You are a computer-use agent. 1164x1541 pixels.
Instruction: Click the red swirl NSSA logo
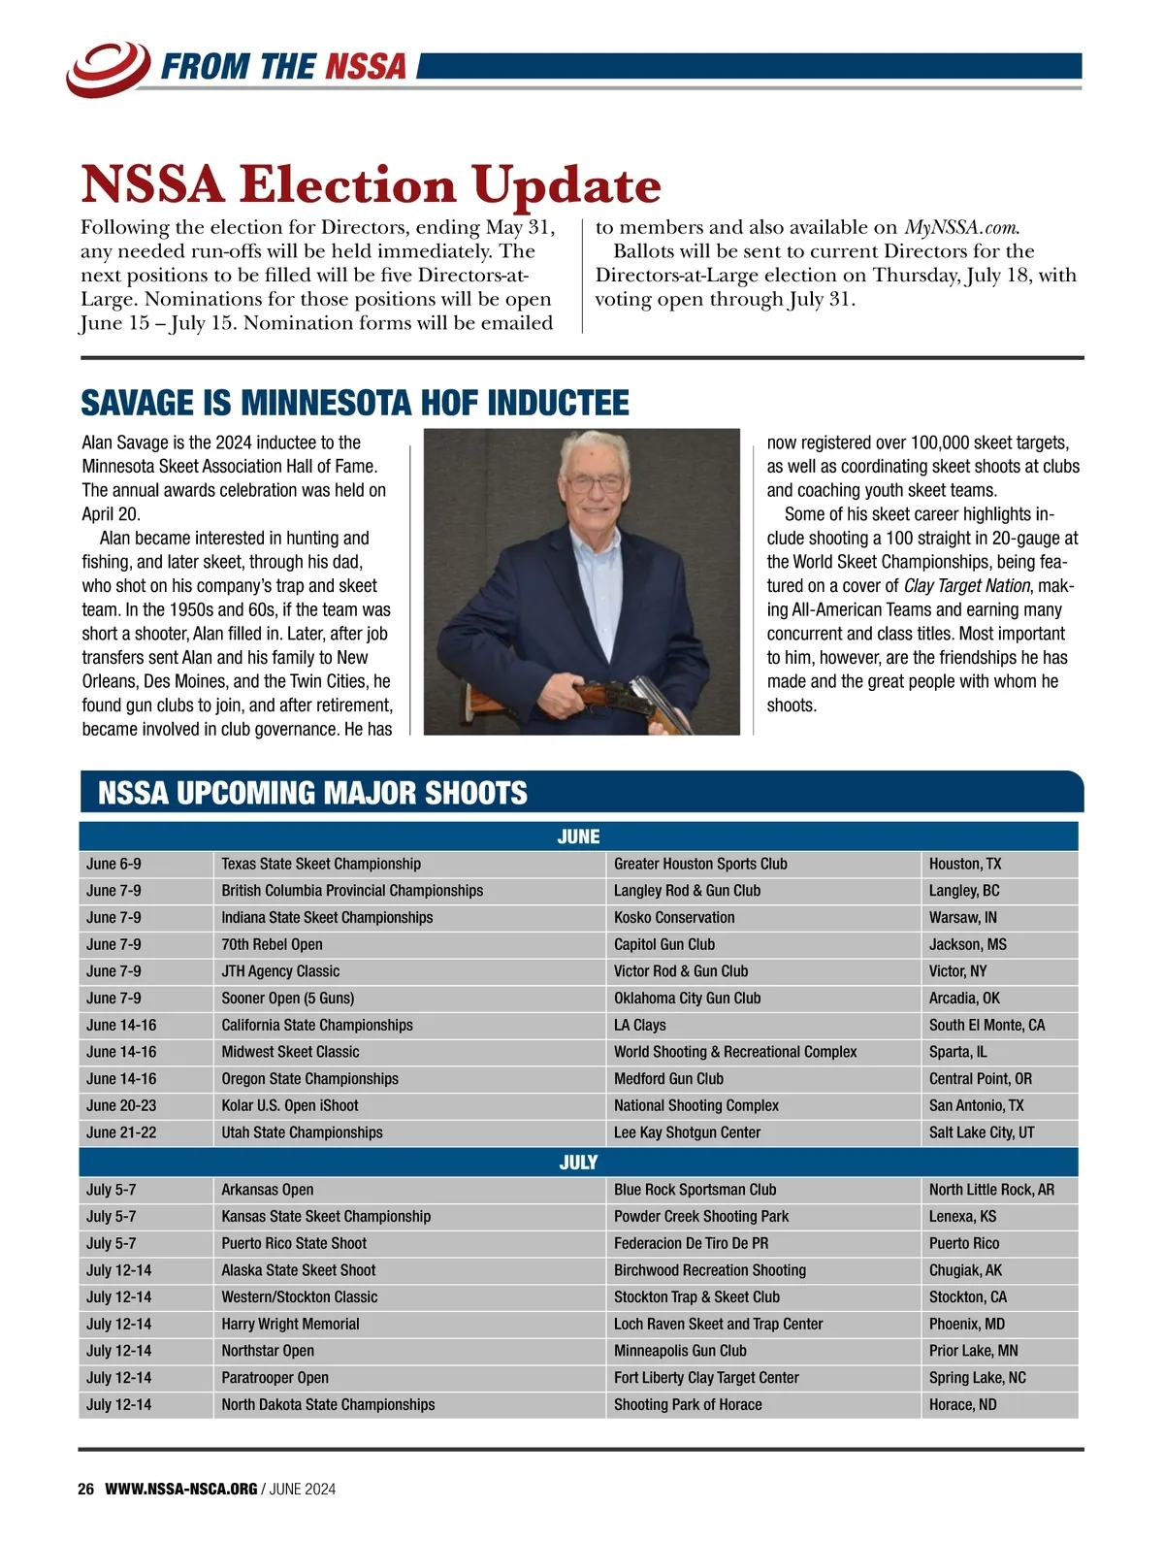pyautogui.click(x=107, y=66)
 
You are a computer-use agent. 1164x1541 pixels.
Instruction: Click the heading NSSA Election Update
pyautogui.click(x=371, y=184)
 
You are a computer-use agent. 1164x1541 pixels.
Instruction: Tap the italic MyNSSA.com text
pyautogui.click(x=961, y=228)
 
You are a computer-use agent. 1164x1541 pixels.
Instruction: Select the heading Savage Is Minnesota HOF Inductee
pyautogui.click(x=355, y=403)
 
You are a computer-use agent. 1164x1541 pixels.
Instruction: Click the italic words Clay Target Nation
pyautogui.click(x=966, y=586)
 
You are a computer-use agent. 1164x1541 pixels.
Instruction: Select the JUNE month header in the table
pyautogui.click(x=578, y=836)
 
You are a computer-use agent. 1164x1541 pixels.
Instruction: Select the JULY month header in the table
pyautogui.click(x=578, y=1163)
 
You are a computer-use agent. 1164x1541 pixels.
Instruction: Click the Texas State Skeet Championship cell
pyautogui.click(x=321, y=864)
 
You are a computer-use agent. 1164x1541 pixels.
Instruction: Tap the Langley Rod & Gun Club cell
pyautogui.click(x=687, y=891)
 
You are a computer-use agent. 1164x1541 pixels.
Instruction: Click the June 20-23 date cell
pyautogui.click(x=121, y=1105)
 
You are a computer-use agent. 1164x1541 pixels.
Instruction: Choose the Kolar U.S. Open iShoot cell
pyautogui.click(x=290, y=1105)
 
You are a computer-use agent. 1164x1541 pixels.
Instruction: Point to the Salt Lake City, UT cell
pyautogui.click(x=982, y=1132)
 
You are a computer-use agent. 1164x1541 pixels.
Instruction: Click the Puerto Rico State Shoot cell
pyautogui.click(x=294, y=1243)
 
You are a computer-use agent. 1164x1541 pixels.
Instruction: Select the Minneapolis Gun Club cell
pyautogui.click(x=680, y=1351)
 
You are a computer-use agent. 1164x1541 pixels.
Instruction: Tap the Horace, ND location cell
pyautogui.click(x=962, y=1404)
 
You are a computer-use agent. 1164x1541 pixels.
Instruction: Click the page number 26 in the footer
pyautogui.click(x=86, y=1489)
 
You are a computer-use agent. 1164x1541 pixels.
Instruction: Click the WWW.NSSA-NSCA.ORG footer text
pyautogui.click(x=181, y=1489)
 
